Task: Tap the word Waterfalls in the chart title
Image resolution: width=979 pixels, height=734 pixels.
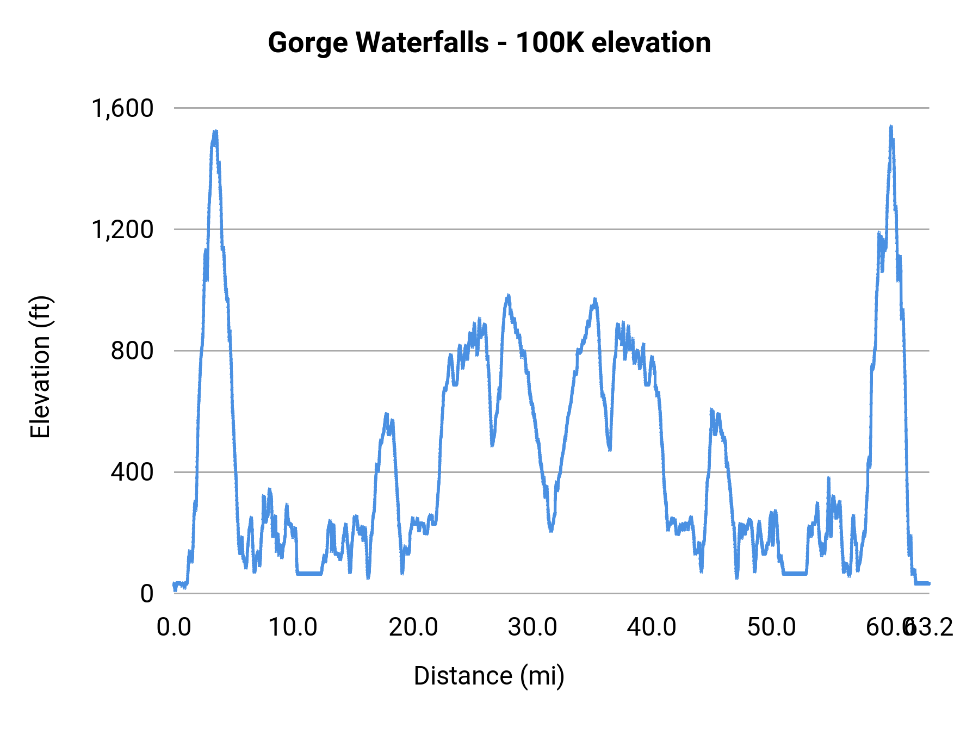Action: [423, 43]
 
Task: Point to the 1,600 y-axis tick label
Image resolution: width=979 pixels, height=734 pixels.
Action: [123, 108]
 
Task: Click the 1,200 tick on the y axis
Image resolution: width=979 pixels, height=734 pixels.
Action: [123, 229]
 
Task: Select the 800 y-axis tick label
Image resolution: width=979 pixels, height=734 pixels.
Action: [132, 351]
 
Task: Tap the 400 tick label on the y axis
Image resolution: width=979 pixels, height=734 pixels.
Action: [132, 472]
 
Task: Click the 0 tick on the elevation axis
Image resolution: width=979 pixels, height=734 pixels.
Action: [147, 594]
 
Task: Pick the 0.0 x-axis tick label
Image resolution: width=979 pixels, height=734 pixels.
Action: [174, 627]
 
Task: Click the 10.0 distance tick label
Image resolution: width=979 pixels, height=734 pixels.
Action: [293, 627]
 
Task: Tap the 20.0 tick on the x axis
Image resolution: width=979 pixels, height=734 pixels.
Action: [413, 627]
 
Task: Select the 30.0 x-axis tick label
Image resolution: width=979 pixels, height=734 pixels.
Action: [532, 627]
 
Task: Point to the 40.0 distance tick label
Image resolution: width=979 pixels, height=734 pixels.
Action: [652, 627]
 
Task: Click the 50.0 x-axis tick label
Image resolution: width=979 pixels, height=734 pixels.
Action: [771, 627]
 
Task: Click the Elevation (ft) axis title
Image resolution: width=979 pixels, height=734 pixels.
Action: [40, 367]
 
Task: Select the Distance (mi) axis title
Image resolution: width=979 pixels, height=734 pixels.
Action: [489, 676]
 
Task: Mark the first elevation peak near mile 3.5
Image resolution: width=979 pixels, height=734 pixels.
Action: [215, 132]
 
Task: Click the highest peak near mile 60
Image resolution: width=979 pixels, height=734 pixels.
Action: [891, 127]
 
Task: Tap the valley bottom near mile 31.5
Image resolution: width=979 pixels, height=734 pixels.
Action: [551, 530]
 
